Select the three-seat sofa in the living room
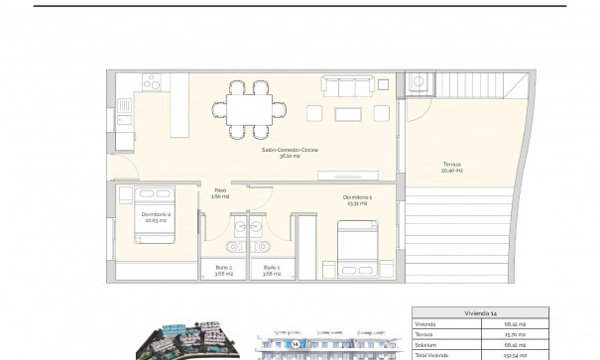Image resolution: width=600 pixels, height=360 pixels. tap(349, 87)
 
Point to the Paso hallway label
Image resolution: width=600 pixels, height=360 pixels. tap(220, 192)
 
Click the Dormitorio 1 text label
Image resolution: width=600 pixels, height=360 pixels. tap(357, 199)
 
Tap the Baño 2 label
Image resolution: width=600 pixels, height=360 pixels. tap(223, 269)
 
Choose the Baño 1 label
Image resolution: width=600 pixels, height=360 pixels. tap(271, 269)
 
